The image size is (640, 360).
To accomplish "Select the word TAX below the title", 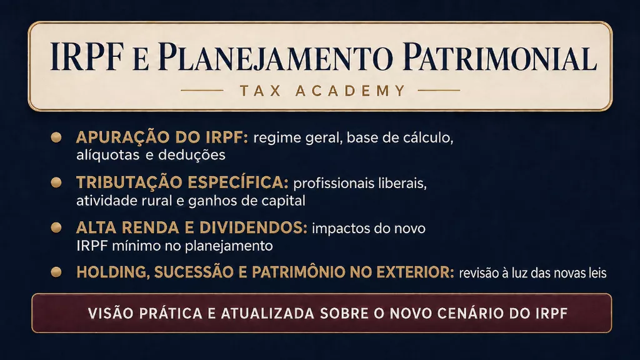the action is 261,91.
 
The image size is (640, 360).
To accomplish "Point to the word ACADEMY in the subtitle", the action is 351,91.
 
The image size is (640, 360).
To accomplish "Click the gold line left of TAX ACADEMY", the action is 202,91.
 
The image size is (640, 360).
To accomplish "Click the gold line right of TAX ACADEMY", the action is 439,91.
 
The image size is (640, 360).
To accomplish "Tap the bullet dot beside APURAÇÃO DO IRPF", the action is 56,137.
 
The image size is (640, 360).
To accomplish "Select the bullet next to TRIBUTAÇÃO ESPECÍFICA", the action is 56,182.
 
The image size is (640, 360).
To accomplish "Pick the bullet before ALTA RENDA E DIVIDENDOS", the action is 56,227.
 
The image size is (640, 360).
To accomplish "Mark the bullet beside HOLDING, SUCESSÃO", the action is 56,272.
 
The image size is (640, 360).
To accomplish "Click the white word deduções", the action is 192,155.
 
